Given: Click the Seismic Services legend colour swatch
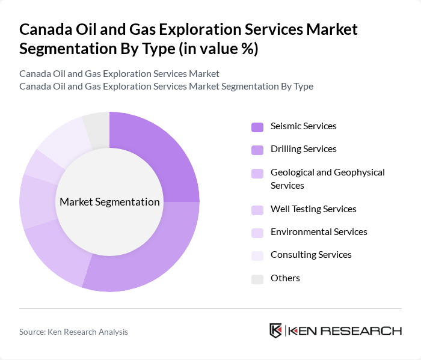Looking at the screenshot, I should (257, 127).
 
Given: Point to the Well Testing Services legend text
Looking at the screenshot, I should (313, 209).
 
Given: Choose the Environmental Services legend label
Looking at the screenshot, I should (319, 232).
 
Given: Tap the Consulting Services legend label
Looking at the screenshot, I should (311, 255).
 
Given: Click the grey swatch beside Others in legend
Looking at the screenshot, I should (257, 279).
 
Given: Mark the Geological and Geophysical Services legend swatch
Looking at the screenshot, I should (257, 174).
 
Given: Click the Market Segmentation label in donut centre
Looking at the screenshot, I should (109, 202).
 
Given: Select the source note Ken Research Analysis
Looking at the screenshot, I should (73, 332).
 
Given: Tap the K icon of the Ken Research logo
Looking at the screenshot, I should (276, 331).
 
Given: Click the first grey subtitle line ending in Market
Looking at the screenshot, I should (119, 74).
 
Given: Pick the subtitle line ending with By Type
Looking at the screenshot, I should (166, 87).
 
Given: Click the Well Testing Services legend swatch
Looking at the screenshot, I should (257, 210).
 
